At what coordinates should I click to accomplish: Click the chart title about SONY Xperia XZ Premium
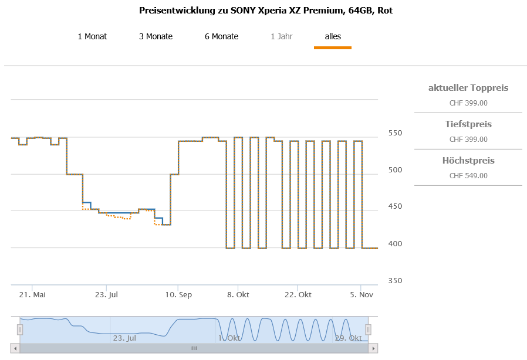click(266, 11)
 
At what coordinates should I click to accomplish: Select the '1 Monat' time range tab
click(92, 36)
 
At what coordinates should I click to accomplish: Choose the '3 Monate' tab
click(156, 36)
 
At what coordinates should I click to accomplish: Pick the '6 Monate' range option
click(221, 36)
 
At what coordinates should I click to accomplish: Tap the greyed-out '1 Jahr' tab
click(281, 36)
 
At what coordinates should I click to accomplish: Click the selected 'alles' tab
click(333, 36)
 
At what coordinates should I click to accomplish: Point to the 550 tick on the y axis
click(396, 133)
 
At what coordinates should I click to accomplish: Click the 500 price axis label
click(396, 170)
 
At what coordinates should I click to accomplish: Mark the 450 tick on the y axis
click(396, 206)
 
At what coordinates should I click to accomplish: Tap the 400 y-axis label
click(396, 243)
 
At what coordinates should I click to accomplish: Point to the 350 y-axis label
click(396, 280)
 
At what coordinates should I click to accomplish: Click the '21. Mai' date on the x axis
click(32, 294)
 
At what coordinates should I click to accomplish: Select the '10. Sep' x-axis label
click(178, 294)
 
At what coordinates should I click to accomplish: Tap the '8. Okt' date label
click(238, 294)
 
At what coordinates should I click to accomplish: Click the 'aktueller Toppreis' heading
click(468, 88)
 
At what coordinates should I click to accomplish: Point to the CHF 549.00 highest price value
click(468, 175)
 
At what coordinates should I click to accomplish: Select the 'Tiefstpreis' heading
click(468, 124)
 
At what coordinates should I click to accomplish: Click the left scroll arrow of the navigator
click(15, 348)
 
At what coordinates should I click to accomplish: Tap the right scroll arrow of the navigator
click(372, 348)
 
